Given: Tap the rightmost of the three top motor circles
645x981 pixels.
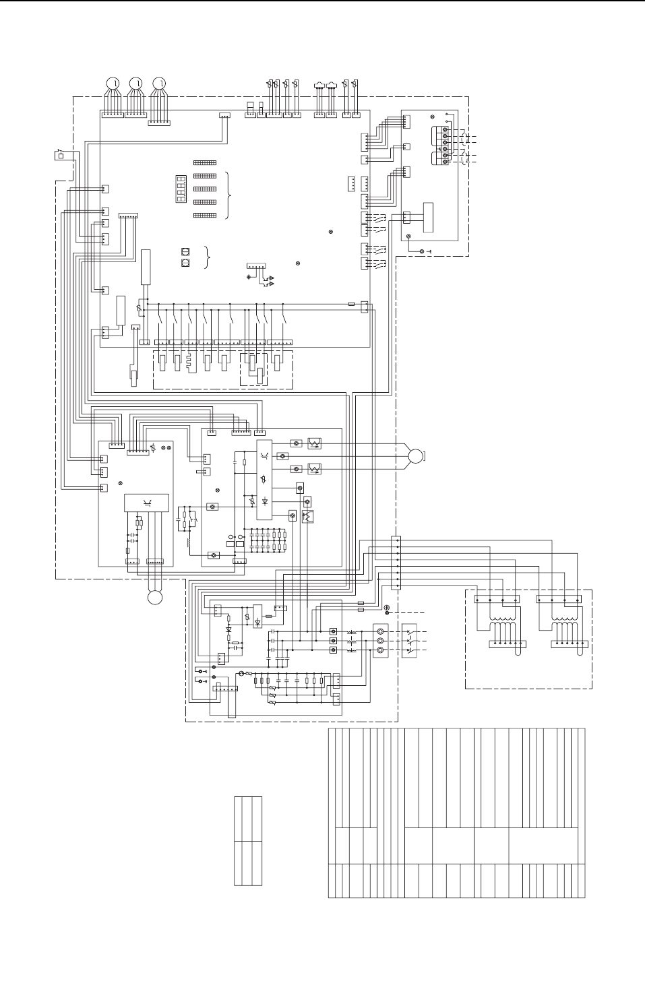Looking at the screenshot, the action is (x=158, y=83).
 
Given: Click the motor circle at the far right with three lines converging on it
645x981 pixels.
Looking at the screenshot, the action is (x=415, y=456).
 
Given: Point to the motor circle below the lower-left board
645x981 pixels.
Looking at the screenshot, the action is (x=155, y=597).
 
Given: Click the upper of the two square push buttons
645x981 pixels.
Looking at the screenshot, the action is (x=185, y=252).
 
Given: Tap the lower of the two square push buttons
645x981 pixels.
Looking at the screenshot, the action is (x=185, y=263).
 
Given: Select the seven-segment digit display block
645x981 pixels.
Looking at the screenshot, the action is (x=181, y=189).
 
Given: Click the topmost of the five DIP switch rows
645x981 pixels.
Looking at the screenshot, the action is (x=205, y=163).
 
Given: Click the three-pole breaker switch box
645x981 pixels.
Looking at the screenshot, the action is (x=409, y=640).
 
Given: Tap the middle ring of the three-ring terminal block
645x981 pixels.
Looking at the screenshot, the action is (x=381, y=640).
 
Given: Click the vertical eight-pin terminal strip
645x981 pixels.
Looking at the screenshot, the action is (x=396, y=563).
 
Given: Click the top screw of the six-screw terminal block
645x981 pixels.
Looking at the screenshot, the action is (x=445, y=129).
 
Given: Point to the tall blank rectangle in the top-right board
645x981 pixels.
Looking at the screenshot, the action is (x=428, y=217).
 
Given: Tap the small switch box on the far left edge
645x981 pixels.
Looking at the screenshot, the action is (x=60, y=156).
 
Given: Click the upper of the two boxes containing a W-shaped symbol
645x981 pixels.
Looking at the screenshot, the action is (x=314, y=443).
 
